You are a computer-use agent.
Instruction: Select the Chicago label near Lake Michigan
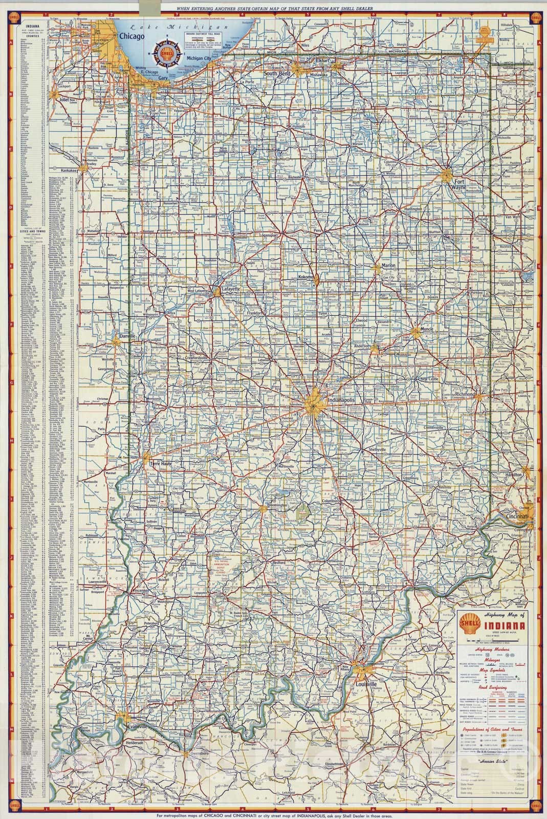pyautogui.click(x=130, y=36)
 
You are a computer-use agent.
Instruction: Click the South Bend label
pyautogui.click(x=277, y=74)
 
